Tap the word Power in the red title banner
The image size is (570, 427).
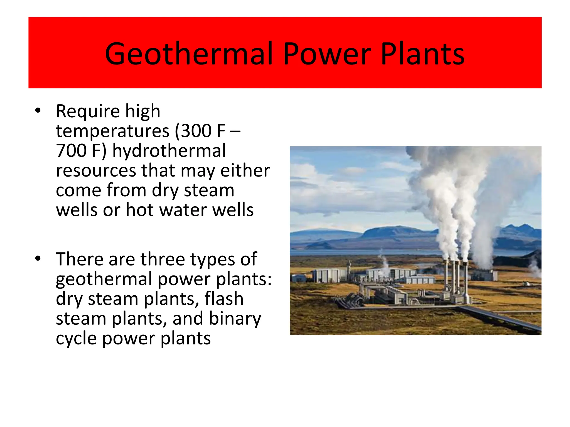327,54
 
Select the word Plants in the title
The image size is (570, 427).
422,54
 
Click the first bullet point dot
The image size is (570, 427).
38,111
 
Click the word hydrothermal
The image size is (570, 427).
169,150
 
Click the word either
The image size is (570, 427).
245,170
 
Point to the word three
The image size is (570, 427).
163,259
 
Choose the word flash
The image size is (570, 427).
224,299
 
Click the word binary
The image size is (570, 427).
235,319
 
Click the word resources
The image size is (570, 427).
96,170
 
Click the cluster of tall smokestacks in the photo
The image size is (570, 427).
456,281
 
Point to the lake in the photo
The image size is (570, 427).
362,252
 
